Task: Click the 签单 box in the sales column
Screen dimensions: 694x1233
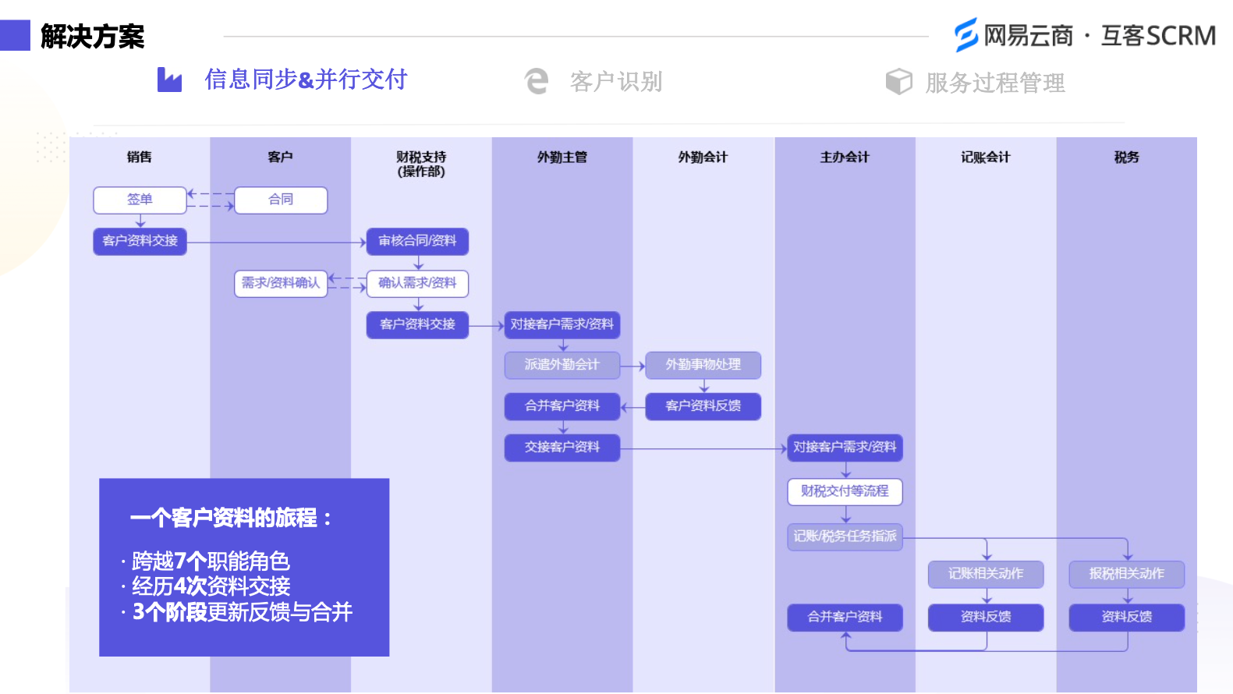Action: [x=140, y=200]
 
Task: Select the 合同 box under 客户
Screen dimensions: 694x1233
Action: [x=281, y=200]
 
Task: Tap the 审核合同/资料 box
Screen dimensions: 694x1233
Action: [x=417, y=241]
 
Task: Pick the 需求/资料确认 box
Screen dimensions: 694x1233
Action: [x=281, y=283]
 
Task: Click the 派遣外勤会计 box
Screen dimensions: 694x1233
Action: [x=562, y=365]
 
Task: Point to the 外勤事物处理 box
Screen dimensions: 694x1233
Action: [x=703, y=365]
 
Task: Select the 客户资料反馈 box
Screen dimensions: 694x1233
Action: [x=703, y=406]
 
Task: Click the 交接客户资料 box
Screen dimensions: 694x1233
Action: [x=562, y=448]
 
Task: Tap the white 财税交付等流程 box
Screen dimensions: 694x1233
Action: [x=845, y=491]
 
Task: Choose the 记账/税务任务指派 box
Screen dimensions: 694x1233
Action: [x=845, y=536]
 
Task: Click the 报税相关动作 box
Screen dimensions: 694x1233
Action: [x=1126, y=574]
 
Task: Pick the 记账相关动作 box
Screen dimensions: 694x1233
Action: [x=986, y=574]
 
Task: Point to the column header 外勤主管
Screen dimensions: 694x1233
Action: [x=562, y=158]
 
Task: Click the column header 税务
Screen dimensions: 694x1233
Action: [x=1126, y=158]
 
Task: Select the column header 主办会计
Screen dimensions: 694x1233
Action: [x=845, y=158]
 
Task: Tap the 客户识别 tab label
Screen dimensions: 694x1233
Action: [x=616, y=82]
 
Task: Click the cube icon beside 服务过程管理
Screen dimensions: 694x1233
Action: [x=898, y=81]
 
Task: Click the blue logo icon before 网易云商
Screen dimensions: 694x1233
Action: [x=965, y=35]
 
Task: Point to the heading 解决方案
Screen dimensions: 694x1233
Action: [x=92, y=37]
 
